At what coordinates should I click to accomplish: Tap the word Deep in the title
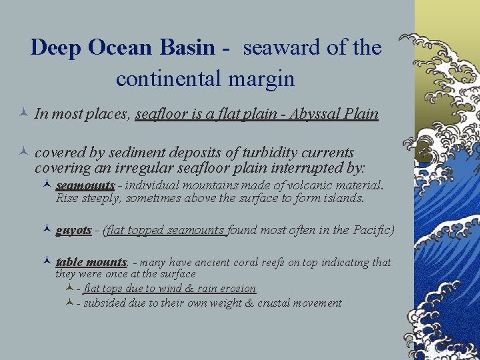(56, 48)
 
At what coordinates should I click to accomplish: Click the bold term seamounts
(85, 185)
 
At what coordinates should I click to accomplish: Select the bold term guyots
(73, 230)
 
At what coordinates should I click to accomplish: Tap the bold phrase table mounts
(91, 262)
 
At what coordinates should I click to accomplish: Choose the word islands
(343, 198)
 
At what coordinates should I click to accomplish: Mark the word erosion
(237, 288)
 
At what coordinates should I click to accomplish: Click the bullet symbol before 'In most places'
(23, 114)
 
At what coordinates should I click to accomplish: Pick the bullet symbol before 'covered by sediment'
(23, 153)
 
